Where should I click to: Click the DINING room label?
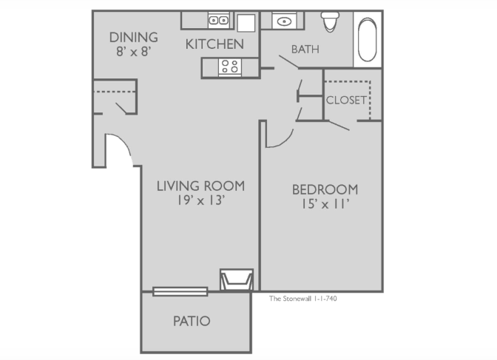click(133, 38)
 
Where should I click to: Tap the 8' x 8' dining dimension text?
click(133, 51)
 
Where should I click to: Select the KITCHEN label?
click(214, 44)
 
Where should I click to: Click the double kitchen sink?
click(219, 21)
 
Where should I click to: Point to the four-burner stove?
click(230, 67)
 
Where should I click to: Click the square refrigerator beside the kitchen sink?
click(246, 23)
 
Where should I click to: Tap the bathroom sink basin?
click(284, 21)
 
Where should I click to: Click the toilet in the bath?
click(330, 21)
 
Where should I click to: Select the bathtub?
click(368, 39)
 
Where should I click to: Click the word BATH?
click(305, 50)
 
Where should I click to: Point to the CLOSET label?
click(346, 100)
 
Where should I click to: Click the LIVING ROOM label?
click(200, 186)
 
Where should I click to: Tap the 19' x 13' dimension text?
click(201, 200)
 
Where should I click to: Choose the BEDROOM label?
click(325, 189)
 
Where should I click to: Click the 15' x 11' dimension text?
click(325, 204)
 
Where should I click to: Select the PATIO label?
click(192, 321)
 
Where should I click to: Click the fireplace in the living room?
click(237, 280)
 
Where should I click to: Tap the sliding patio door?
click(180, 291)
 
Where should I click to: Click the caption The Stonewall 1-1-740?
click(303, 299)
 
